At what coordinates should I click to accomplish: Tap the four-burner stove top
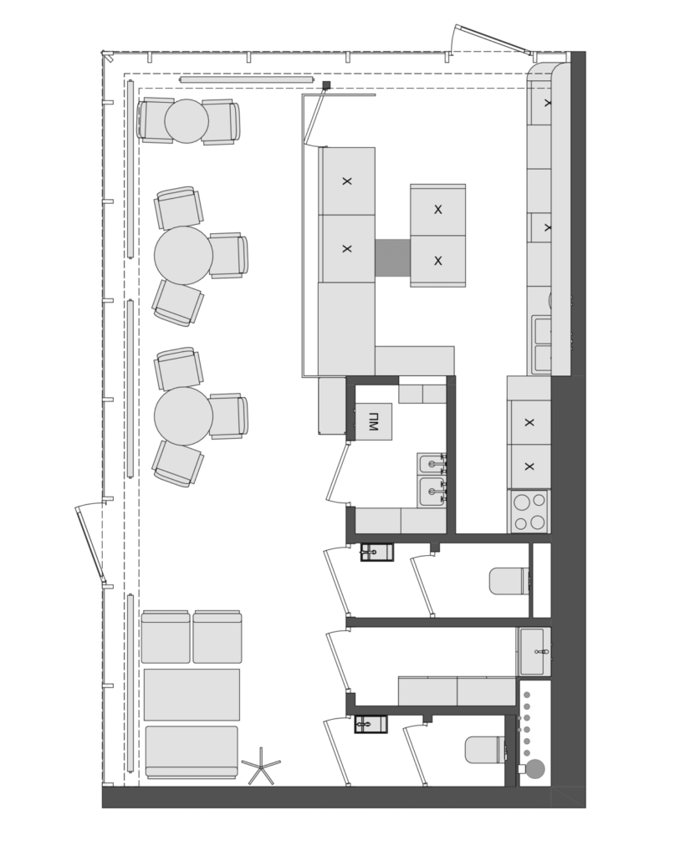529,511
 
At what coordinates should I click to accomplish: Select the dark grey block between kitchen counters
393,257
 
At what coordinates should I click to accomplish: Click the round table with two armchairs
187,121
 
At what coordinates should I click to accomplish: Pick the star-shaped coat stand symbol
261,767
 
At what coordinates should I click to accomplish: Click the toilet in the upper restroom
509,581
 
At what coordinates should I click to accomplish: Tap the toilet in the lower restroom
485,750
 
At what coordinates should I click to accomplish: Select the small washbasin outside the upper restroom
376,552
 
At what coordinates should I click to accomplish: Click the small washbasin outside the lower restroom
371,724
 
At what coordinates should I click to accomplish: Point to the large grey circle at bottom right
536,769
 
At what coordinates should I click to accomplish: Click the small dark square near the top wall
327,84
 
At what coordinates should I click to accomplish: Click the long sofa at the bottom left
192,752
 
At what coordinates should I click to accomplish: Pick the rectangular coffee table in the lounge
192,695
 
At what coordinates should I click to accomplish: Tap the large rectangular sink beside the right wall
534,651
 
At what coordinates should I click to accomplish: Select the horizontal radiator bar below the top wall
247,79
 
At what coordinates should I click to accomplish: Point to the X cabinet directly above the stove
529,466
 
